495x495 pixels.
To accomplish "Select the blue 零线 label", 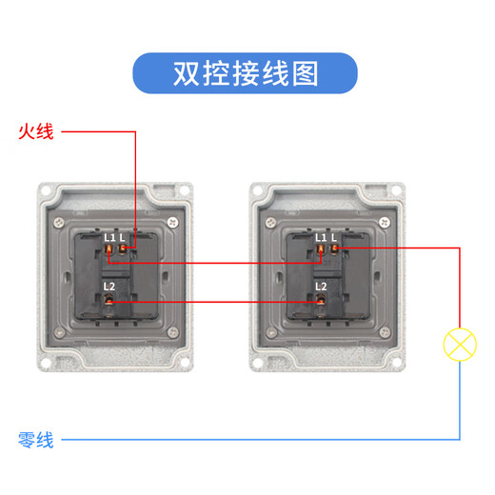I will tap(36, 440).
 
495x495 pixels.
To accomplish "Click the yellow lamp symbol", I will tap(461, 344).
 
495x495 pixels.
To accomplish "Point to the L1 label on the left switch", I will tap(109, 237).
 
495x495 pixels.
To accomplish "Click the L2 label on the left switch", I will tap(109, 286).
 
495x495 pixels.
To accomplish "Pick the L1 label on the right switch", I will tap(322, 237).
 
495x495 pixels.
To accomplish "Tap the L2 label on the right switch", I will tap(321, 286).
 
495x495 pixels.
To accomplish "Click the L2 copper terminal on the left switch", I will tap(110, 303).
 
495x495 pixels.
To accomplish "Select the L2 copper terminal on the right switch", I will tap(322, 303).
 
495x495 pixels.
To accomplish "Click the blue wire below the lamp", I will tap(461, 400).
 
